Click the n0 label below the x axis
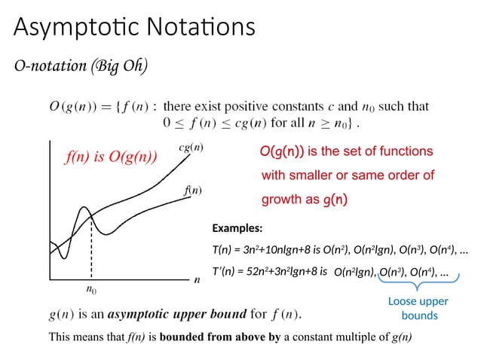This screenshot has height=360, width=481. coord(91,288)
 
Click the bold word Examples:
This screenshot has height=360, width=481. coord(237,228)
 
